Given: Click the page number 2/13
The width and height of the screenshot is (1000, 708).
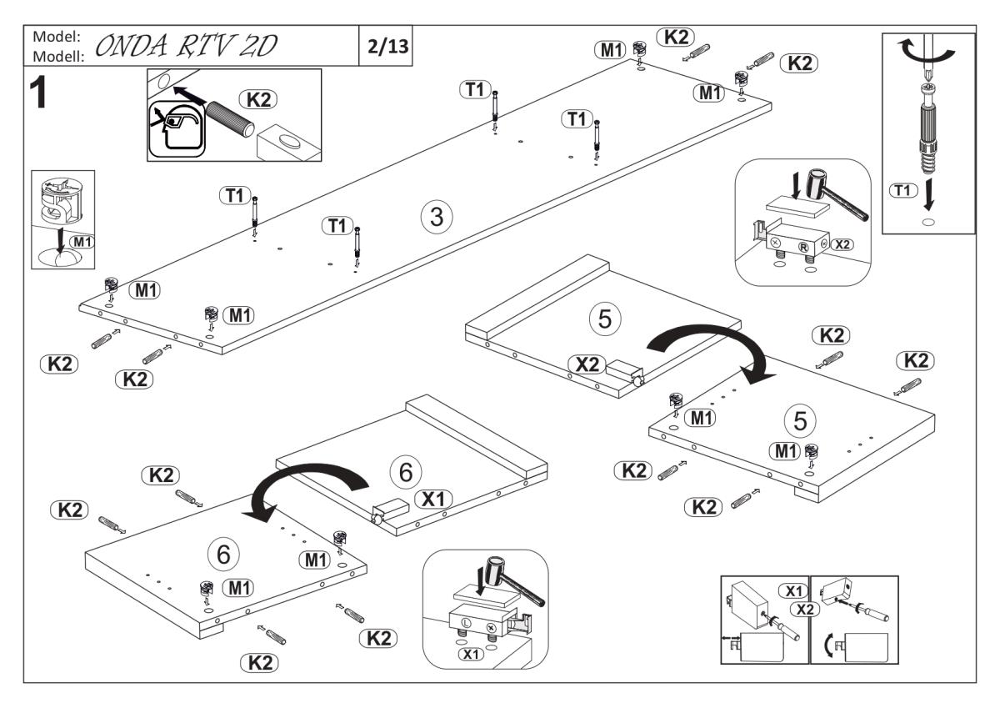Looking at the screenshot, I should (x=387, y=46).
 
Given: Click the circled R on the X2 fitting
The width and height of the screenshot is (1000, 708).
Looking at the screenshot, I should (x=804, y=247).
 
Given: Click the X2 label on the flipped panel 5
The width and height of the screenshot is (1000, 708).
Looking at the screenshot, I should (x=587, y=364).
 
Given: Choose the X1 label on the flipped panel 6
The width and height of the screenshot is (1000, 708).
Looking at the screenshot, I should (x=433, y=499).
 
